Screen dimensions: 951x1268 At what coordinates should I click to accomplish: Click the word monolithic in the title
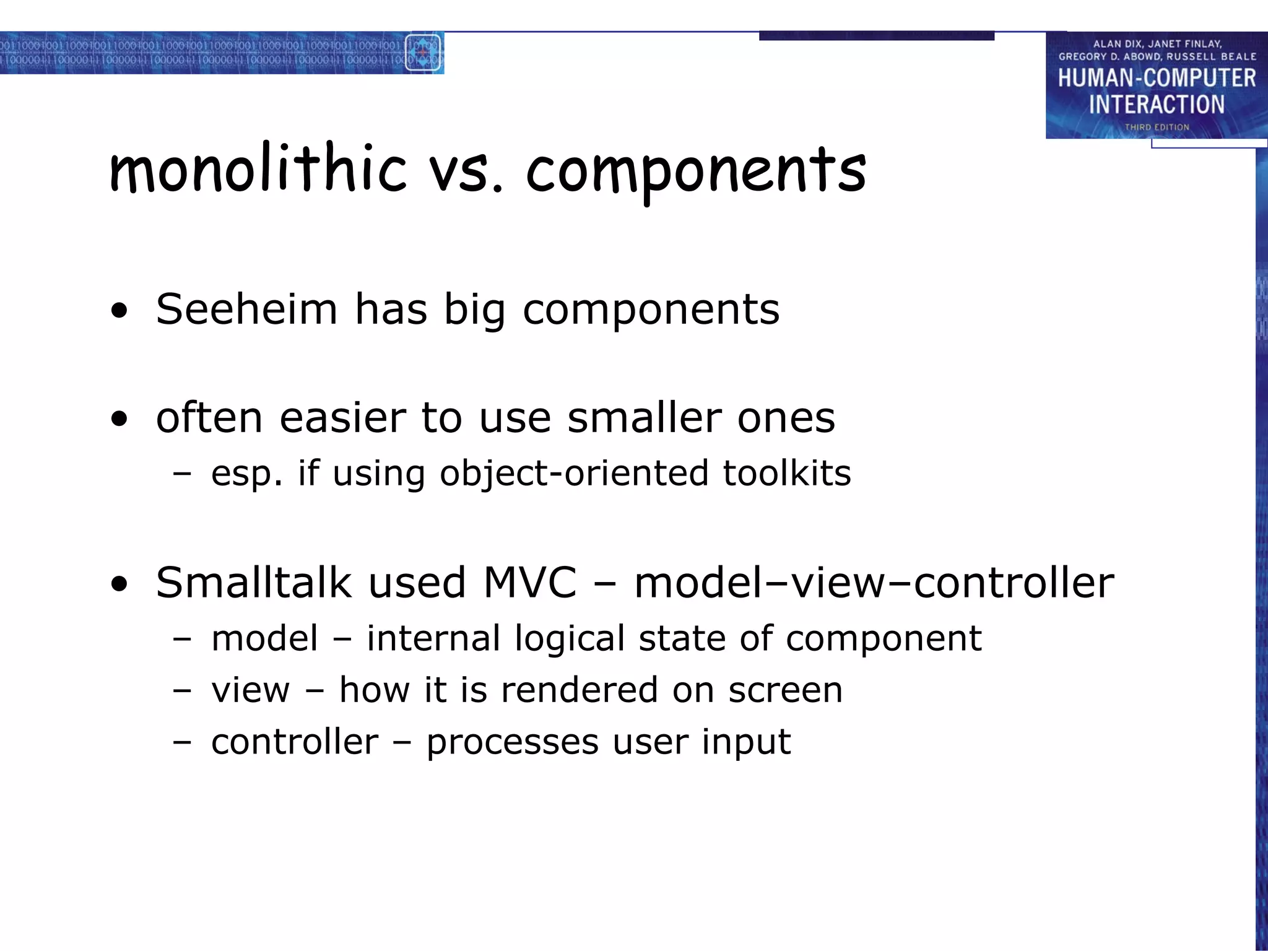[x=258, y=168]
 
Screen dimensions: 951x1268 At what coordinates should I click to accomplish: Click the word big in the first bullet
[x=475, y=310]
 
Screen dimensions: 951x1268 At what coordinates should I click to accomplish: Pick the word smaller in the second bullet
[x=644, y=418]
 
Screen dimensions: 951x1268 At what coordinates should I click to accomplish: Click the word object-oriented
[x=573, y=474]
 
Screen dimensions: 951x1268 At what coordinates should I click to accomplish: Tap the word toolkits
[x=786, y=474]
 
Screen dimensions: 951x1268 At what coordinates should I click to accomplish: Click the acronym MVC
[x=529, y=583]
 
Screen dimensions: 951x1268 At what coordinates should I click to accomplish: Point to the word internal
[x=433, y=638]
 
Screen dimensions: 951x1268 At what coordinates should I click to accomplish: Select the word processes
[x=512, y=742]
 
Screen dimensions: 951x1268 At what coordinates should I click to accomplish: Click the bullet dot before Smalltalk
[x=119, y=584]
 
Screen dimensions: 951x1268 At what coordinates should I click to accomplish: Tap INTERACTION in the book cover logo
[x=1157, y=105]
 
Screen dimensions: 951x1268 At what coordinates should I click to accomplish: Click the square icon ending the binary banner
[x=423, y=53]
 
